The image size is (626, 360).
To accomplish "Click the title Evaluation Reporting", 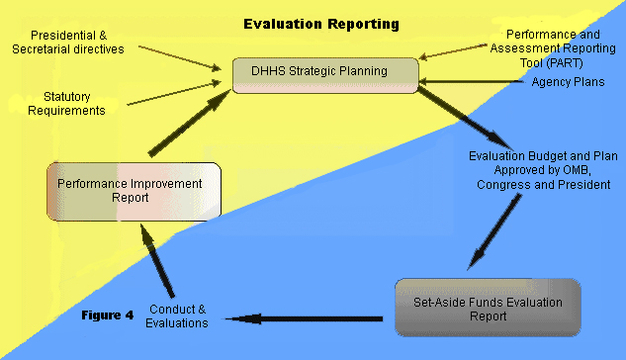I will pyautogui.click(x=322, y=23).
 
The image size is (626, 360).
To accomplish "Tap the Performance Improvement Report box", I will pyautogui.click(x=130, y=191).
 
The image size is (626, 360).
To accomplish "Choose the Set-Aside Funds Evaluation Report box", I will pyautogui.click(x=488, y=309).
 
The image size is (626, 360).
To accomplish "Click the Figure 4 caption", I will pyautogui.click(x=108, y=315).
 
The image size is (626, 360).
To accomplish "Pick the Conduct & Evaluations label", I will pyautogui.click(x=177, y=315).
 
